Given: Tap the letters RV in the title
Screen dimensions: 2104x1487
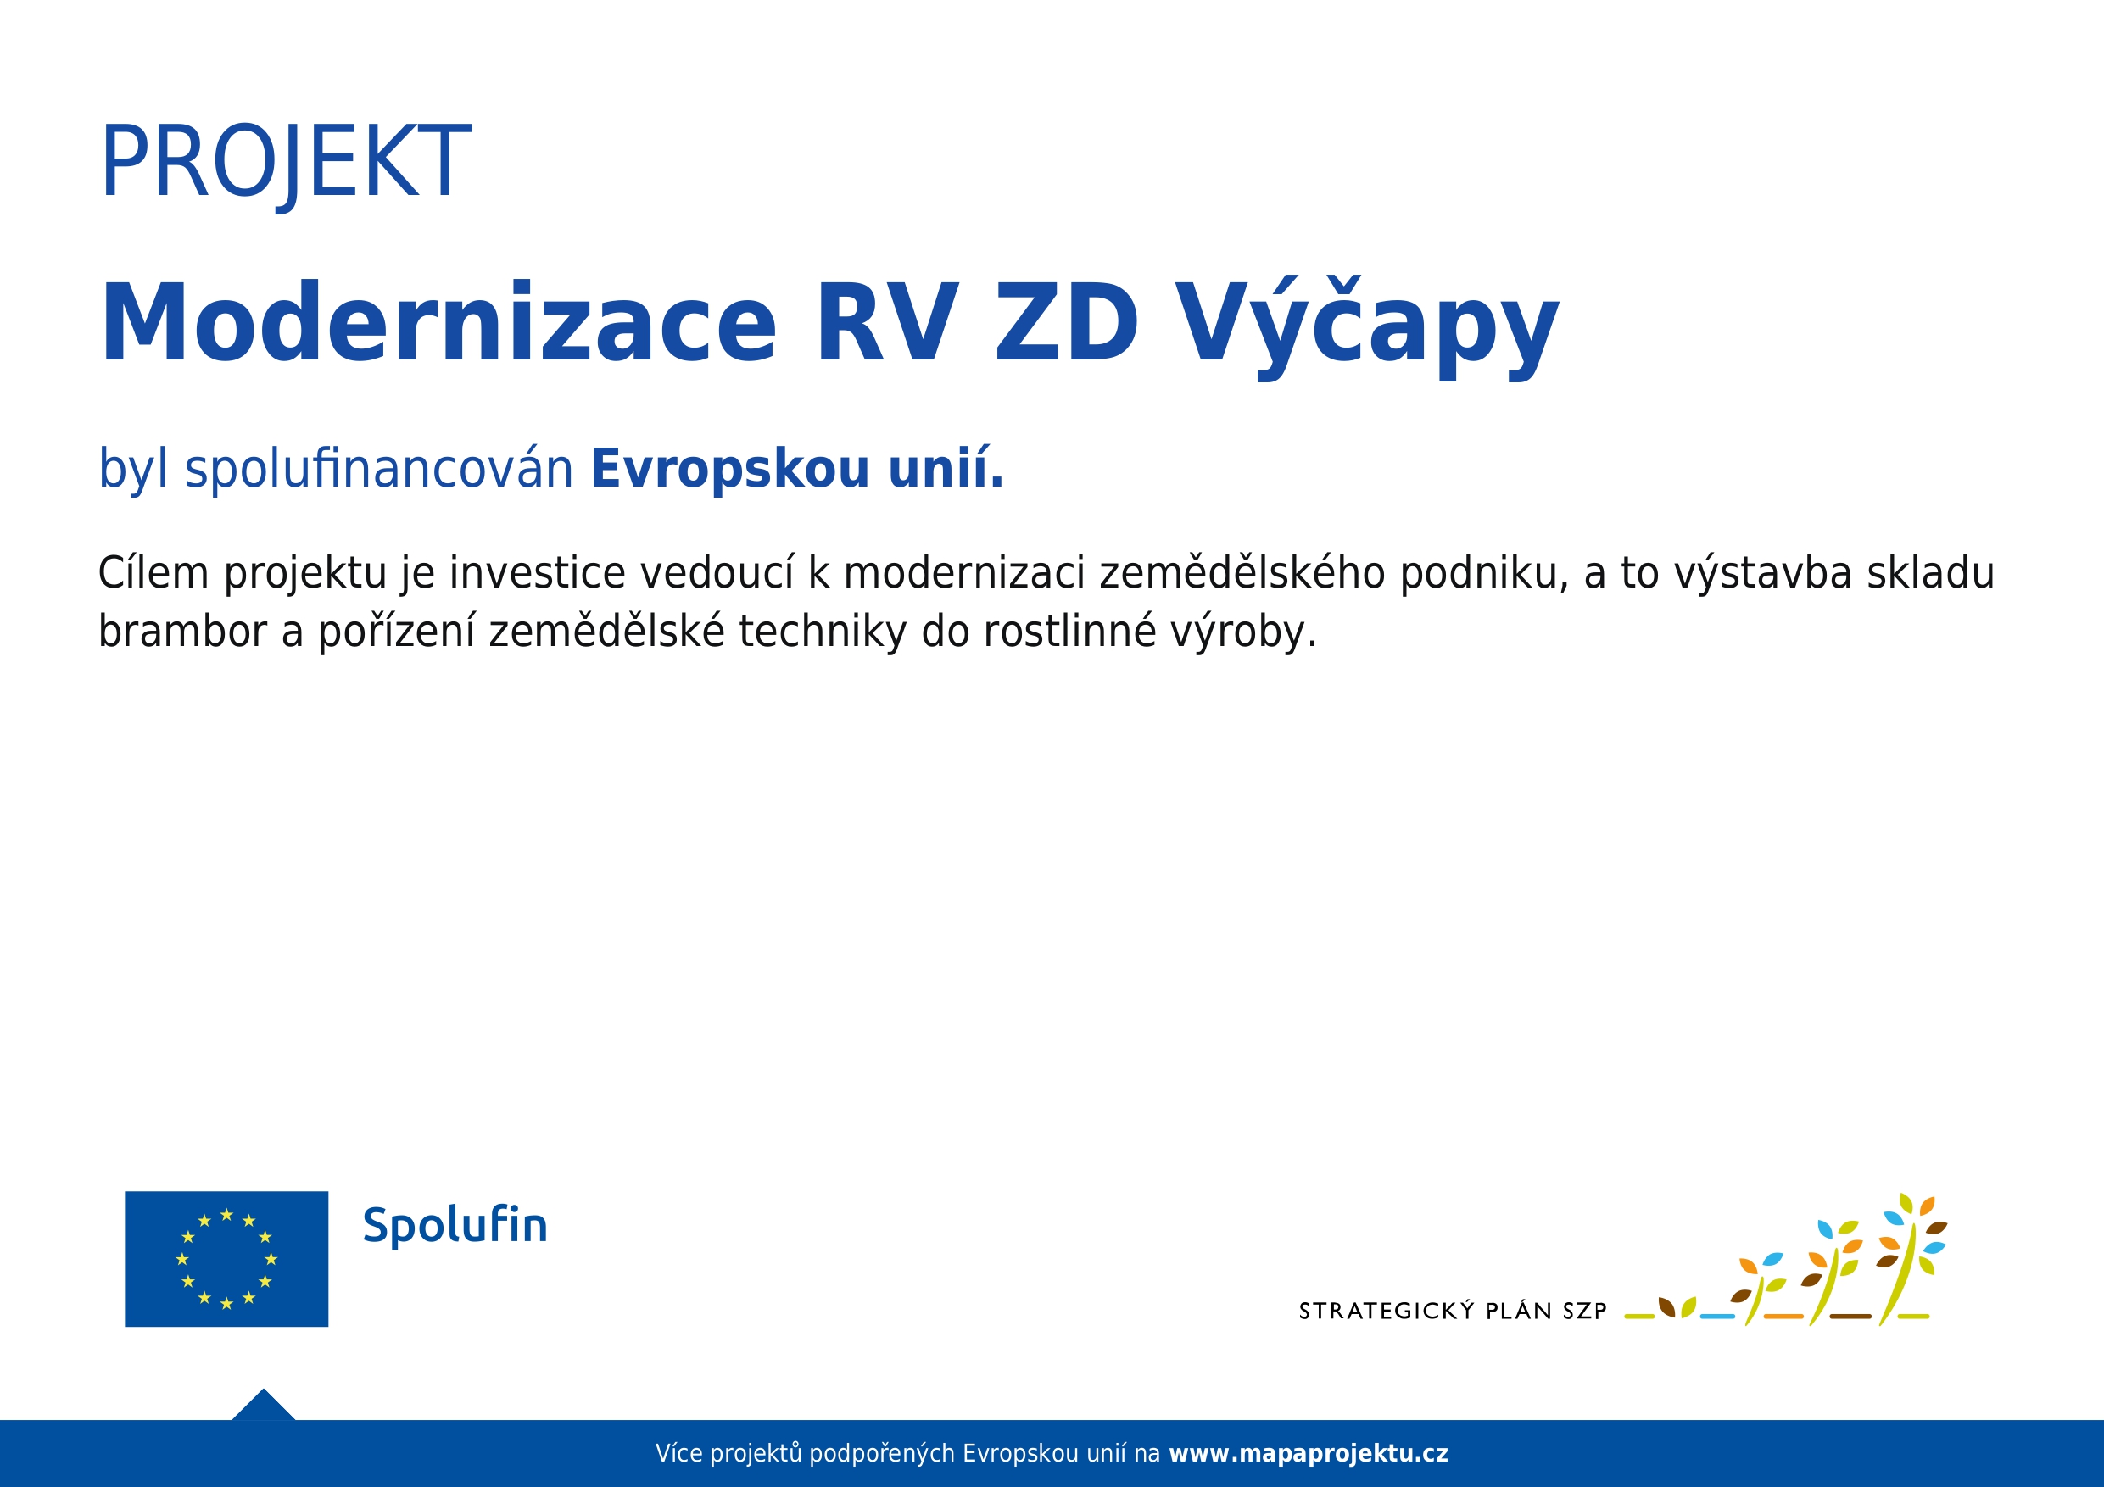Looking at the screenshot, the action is pyautogui.click(x=886, y=322).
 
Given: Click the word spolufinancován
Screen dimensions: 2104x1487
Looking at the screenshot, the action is pyautogui.click(x=378, y=469).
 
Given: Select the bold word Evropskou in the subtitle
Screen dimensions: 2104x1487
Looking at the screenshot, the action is pyautogui.click(x=729, y=469).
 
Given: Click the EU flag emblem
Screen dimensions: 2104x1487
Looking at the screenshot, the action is pyautogui.click(x=226, y=1258).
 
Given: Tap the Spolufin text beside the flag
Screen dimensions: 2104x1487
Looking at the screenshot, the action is pyautogui.click(x=455, y=1226).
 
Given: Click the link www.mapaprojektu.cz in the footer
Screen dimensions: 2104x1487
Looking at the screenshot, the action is pyautogui.click(x=1309, y=1453).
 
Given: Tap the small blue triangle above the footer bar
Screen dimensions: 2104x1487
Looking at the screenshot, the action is pyautogui.click(x=263, y=1406).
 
